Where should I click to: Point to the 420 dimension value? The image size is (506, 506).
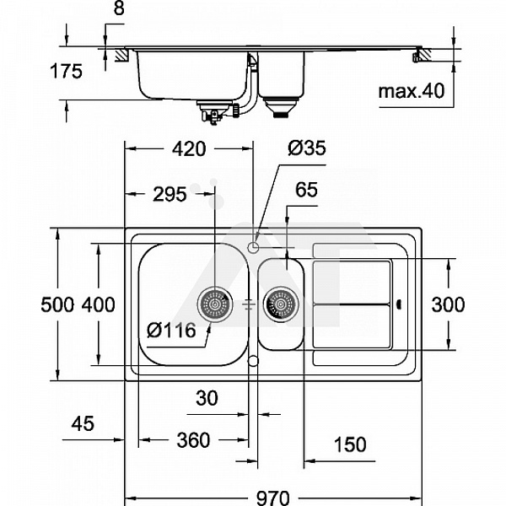pyautogui.click(x=188, y=149)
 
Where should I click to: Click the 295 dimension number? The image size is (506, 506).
pyautogui.click(x=170, y=195)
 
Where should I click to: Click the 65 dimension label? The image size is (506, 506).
pyautogui.click(x=306, y=191)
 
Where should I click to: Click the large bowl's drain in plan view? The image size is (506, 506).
pyautogui.click(x=215, y=304)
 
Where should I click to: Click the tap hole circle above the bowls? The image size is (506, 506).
pyautogui.click(x=254, y=246)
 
